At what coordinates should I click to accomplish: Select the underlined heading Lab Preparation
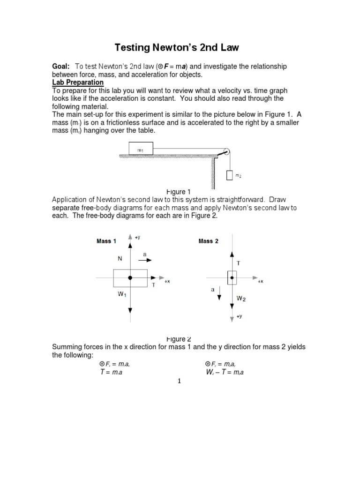pyautogui.click(x=77, y=82)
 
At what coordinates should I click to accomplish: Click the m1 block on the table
pyautogui.click(x=140, y=150)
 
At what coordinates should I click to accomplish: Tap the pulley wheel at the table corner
pyautogui.click(x=226, y=152)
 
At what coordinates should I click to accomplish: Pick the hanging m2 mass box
pyautogui.click(x=229, y=175)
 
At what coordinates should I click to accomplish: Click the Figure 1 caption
pyautogui.click(x=179, y=192)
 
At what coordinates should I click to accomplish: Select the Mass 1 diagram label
pyautogui.click(x=106, y=241)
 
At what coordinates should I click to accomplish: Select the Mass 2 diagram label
pyautogui.click(x=209, y=241)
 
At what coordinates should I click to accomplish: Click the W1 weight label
pyautogui.click(x=122, y=295)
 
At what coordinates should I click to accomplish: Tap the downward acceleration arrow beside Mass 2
pyautogui.click(x=219, y=294)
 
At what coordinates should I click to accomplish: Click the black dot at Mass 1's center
pyautogui.click(x=130, y=278)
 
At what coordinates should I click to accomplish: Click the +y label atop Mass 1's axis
pyautogui.click(x=137, y=238)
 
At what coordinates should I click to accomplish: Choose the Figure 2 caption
pyautogui.click(x=179, y=339)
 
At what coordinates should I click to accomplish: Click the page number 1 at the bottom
pyautogui.click(x=179, y=381)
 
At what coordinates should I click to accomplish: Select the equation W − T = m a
pyautogui.click(x=225, y=373)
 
